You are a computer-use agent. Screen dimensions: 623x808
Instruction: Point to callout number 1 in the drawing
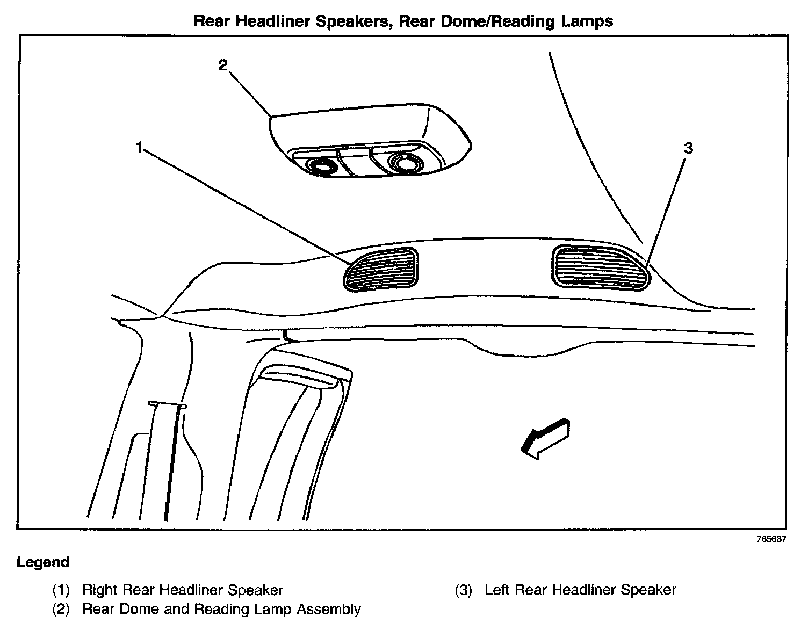point(139,147)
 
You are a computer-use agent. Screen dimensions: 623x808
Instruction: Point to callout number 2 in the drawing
point(223,66)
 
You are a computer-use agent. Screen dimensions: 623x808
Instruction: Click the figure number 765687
point(771,540)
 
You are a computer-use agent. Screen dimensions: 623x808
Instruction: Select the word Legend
point(43,562)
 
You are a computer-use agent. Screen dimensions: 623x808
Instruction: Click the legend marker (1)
point(61,590)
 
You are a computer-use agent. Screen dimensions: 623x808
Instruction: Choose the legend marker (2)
point(61,610)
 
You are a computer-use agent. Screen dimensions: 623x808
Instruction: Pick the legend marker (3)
point(463,590)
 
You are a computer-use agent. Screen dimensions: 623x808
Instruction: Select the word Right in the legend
point(100,590)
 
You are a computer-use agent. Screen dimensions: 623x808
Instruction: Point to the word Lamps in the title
point(587,21)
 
